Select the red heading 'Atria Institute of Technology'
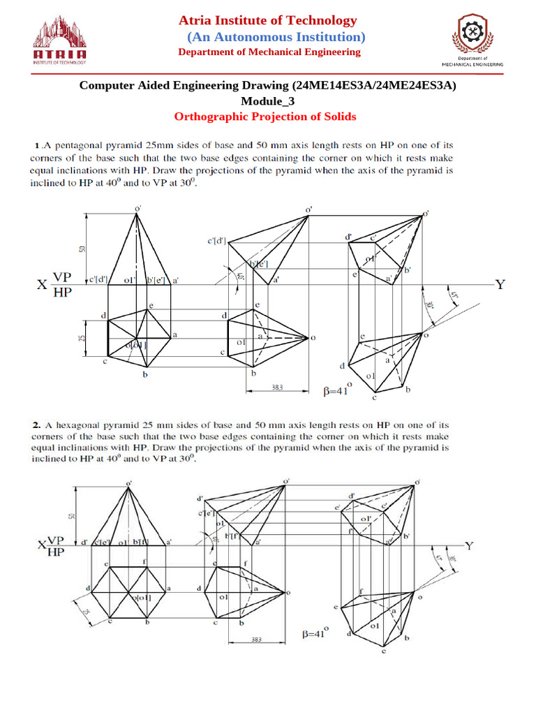tap(268, 20)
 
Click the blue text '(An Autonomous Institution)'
tap(275, 36)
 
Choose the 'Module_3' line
tap(268, 101)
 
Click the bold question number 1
tap(37, 146)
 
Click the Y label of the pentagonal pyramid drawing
tap(500, 284)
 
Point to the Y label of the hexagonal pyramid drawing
tap(469, 546)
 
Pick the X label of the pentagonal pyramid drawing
tap(41, 285)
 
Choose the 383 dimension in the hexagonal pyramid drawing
tap(257, 640)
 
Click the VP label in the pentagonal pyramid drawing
tap(63, 277)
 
